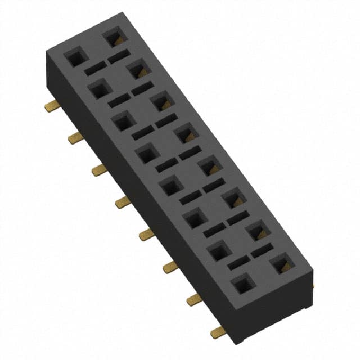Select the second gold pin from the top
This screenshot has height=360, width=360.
tap(75, 137)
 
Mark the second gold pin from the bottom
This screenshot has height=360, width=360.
tap(195, 299)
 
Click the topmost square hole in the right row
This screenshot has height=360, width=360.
tap(114, 38)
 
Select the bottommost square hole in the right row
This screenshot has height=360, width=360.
tap(281, 264)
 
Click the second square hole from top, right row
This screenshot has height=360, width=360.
tap(138, 70)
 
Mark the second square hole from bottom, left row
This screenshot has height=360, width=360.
tap(219, 250)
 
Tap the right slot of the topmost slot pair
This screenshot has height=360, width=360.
tap(118, 57)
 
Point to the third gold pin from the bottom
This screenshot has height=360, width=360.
tap(170, 267)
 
